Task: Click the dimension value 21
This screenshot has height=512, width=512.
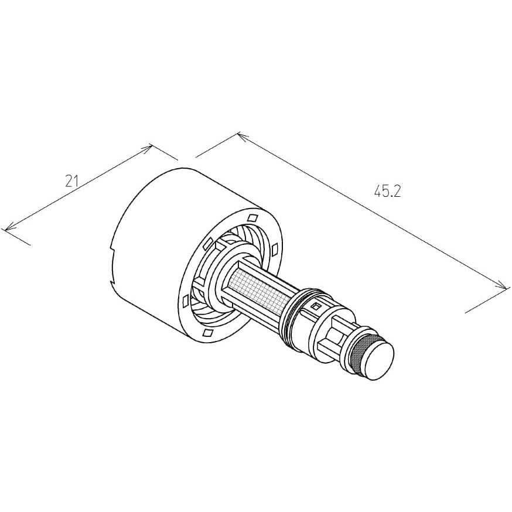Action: coord(72,181)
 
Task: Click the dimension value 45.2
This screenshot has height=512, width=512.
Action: coord(387,192)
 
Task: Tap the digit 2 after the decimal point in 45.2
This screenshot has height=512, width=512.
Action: coord(396,192)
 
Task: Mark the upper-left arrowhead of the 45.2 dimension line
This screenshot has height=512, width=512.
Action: coord(242,135)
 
